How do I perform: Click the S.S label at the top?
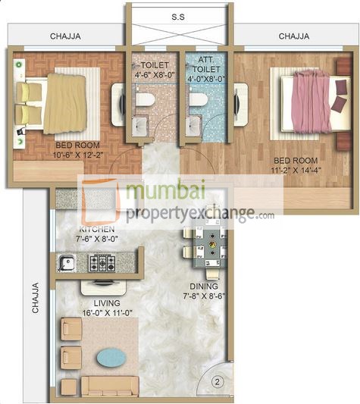point(179,15)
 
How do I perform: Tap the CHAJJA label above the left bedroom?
point(66,36)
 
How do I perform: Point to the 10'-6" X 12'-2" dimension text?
point(67,157)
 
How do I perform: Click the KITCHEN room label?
point(76,229)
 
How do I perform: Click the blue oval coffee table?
point(113,355)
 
